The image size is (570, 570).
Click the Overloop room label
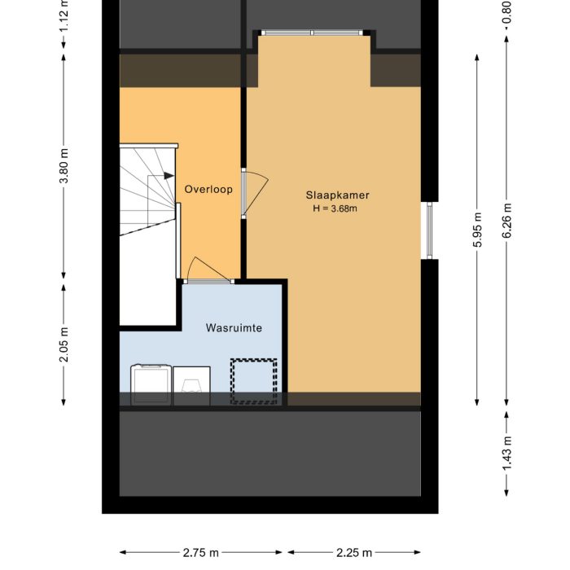208,189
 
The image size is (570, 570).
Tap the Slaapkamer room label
337,195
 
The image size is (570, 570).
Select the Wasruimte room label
234,328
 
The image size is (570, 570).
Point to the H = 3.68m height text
335,208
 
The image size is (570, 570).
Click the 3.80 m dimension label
64,166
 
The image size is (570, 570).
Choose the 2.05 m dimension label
64,344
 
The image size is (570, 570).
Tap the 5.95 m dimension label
477,230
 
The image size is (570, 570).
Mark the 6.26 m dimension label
506,221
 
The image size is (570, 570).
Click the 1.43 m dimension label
506,453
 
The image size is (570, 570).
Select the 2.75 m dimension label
200,553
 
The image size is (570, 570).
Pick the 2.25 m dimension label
354,553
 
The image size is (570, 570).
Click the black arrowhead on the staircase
169,176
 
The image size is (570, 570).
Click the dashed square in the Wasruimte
254,382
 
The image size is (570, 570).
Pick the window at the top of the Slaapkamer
312,33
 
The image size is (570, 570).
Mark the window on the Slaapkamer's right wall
429,230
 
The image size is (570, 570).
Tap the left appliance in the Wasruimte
151,384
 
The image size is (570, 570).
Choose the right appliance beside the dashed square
191,386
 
